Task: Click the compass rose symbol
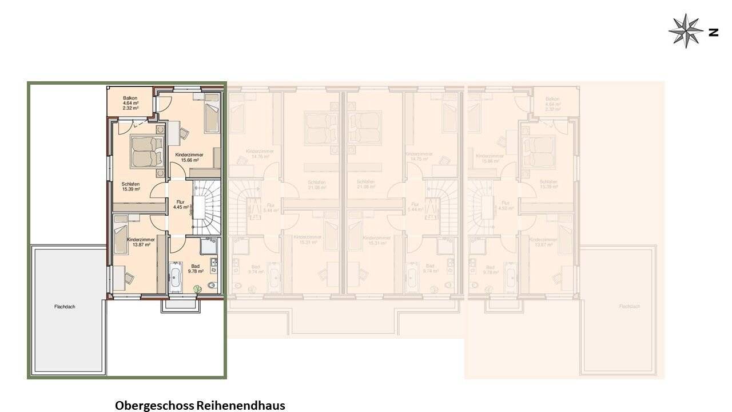point(686,31)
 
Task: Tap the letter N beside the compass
point(713,32)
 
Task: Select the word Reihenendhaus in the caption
point(241,406)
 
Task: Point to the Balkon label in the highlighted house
point(130,98)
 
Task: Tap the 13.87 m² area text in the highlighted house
point(141,244)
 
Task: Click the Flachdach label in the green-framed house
point(65,307)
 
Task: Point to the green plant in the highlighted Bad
point(197,288)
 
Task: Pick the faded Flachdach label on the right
point(629,307)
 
